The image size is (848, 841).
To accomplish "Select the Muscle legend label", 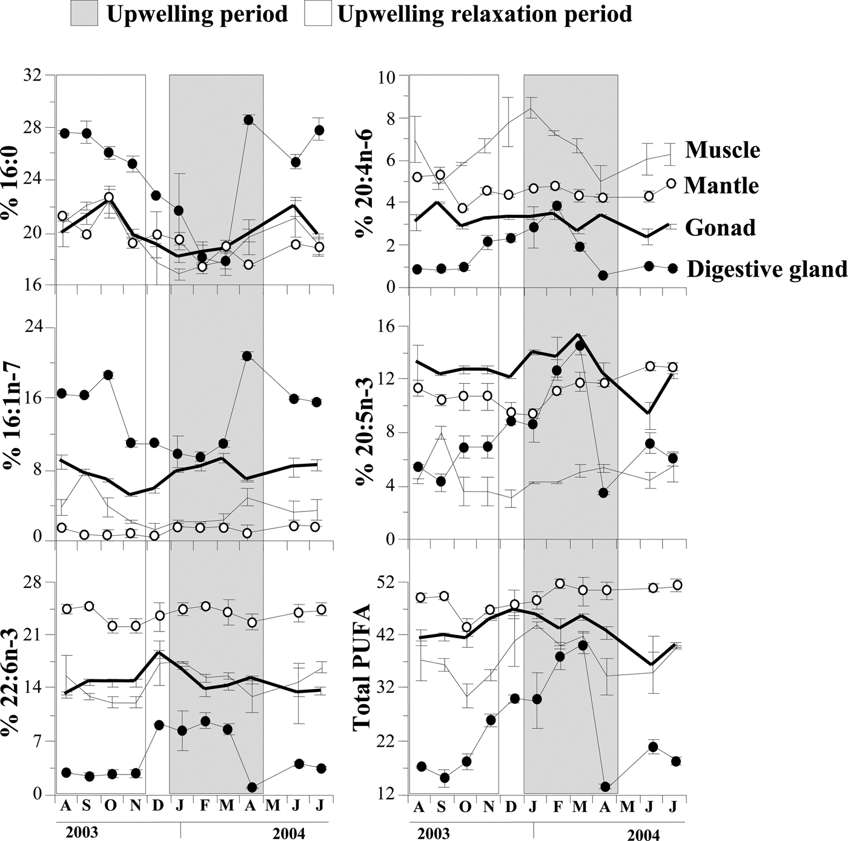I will (722, 150).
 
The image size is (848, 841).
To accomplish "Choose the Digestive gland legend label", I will (766, 269).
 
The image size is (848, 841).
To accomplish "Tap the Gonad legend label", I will (720, 228).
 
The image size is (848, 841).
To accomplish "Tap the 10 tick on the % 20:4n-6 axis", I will (386, 76).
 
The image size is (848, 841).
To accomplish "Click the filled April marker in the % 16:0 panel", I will (248, 120).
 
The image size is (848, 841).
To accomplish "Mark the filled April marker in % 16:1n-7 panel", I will (247, 356).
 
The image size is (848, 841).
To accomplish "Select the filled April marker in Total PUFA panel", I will (605, 787).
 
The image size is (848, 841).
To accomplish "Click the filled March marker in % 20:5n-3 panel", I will (580, 346).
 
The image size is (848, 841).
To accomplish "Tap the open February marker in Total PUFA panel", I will (560, 584).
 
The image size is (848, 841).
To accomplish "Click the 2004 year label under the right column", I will (643, 835).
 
